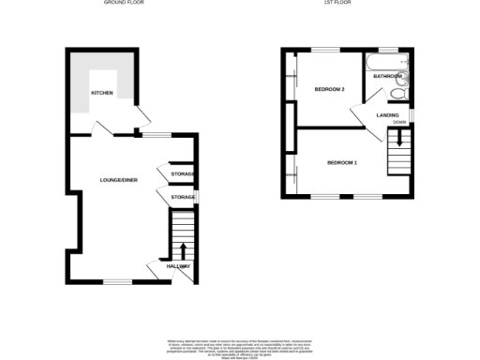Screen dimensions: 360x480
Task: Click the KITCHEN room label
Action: (x=101, y=94)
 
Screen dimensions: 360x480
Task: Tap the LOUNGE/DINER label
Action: (x=119, y=180)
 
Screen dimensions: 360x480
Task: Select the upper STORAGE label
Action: (x=183, y=174)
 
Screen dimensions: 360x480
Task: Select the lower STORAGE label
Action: (x=183, y=197)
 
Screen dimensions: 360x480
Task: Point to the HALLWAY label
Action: (x=178, y=267)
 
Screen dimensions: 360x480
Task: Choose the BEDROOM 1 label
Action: (x=342, y=163)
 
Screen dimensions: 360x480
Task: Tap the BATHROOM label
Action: (x=387, y=76)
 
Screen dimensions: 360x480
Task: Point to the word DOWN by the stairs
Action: (x=400, y=123)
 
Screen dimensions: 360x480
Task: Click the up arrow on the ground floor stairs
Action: (x=182, y=248)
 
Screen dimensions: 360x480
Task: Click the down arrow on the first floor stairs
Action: (x=399, y=140)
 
